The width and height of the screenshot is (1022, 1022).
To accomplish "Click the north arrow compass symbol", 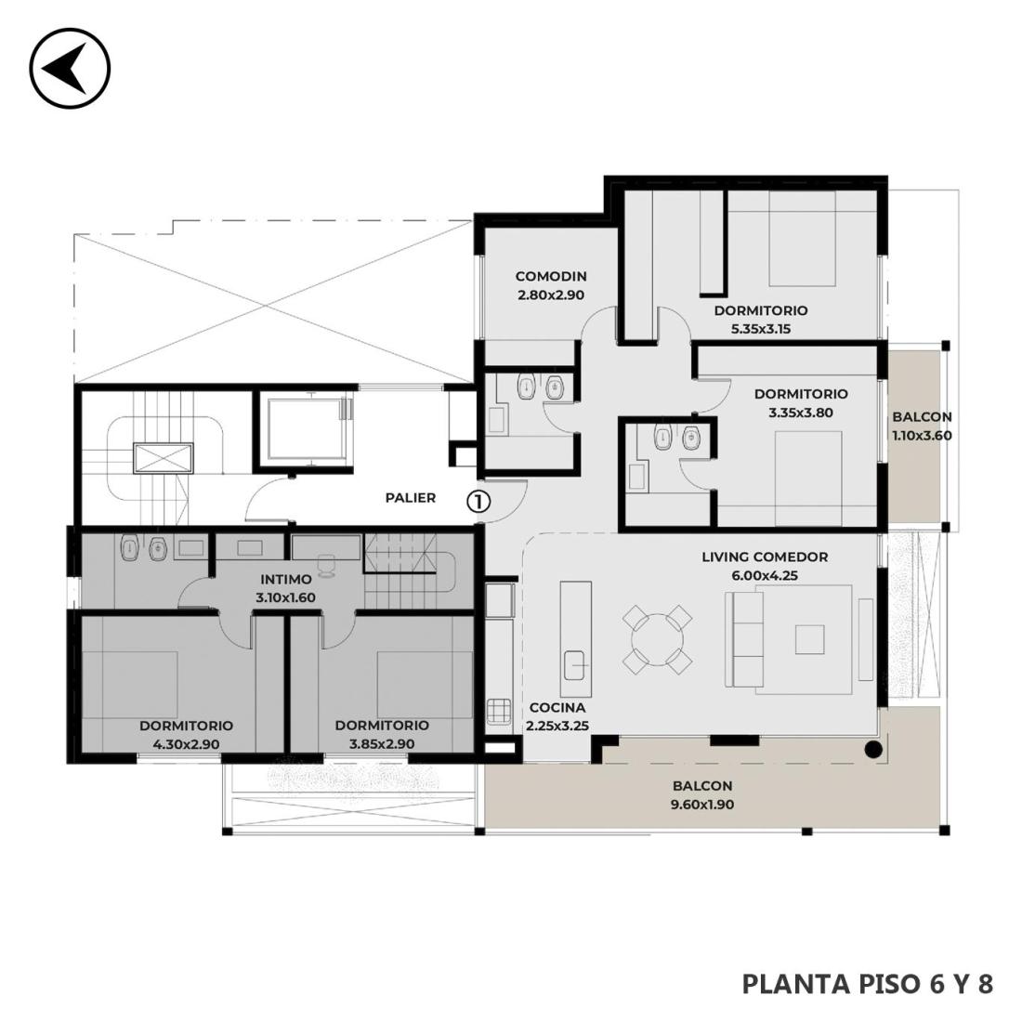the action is pyautogui.click(x=70, y=68).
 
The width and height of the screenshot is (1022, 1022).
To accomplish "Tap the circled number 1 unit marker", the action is pyautogui.click(x=478, y=501).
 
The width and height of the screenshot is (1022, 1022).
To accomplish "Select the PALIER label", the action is pyautogui.click(x=411, y=498).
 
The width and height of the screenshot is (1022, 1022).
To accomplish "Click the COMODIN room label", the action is pyautogui.click(x=551, y=276).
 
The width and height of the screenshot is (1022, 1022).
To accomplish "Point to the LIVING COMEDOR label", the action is pyautogui.click(x=765, y=557).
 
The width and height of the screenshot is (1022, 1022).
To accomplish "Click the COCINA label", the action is pyautogui.click(x=557, y=707).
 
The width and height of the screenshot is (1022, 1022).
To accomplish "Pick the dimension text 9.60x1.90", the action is pyautogui.click(x=702, y=805).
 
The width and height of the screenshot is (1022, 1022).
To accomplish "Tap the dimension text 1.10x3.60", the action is pyautogui.click(x=922, y=436).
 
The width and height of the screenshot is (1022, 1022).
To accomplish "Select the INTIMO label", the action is pyautogui.click(x=285, y=579).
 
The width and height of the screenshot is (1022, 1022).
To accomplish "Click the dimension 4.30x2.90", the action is pyautogui.click(x=186, y=743).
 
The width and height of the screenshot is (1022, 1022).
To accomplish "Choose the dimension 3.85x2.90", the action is pyautogui.click(x=382, y=743).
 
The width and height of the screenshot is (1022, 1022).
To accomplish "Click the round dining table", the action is pyautogui.click(x=657, y=639).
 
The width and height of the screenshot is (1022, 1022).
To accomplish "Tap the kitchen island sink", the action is pyautogui.click(x=575, y=665).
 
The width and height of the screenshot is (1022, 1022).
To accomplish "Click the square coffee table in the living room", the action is pyautogui.click(x=809, y=639).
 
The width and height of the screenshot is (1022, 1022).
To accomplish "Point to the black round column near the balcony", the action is pyautogui.click(x=872, y=750).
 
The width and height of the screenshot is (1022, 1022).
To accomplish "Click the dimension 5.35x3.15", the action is pyautogui.click(x=761, y=329).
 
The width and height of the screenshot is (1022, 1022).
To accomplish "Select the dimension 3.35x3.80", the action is pyautogui.click(x=800, y=413).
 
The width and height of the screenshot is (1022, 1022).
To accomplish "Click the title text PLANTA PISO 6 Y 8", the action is pyautogui.click(x=868, y=984).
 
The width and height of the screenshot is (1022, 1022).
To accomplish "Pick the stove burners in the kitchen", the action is pyautogui.click(x=499, y=711).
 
